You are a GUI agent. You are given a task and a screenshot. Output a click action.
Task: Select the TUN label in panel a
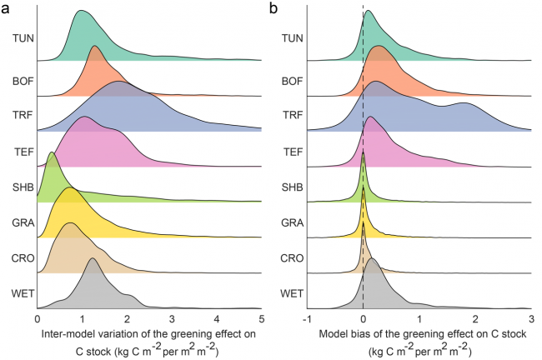[23, 37]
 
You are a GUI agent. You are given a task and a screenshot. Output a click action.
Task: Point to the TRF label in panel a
[23, 116]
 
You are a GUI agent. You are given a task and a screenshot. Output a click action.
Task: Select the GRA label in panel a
[23, 223]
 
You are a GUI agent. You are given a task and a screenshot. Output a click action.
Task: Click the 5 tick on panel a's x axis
[261, 318]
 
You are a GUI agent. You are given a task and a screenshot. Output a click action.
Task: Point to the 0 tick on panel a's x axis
[38, 318]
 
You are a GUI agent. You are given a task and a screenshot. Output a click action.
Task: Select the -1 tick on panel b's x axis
[307, 318]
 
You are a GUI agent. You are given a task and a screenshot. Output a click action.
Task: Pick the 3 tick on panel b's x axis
[530, 318]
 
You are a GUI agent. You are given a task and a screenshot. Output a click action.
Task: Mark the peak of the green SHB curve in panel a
[52, 153]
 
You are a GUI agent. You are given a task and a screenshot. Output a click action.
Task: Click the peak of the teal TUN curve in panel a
[82, 12]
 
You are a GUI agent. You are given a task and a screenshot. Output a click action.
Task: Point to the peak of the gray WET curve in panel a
[93, 259]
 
